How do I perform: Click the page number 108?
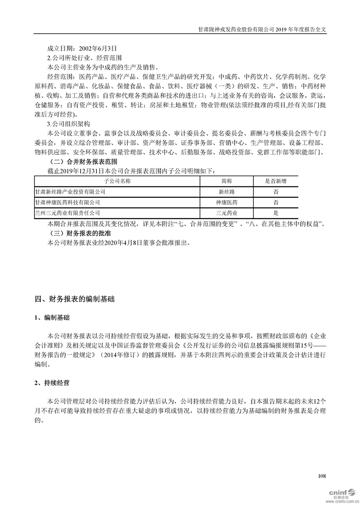[x=322, y=476]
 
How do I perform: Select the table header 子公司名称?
[x=117, y=181]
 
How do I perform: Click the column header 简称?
[x=226, y=181]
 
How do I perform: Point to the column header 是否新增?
[x=276, y=181]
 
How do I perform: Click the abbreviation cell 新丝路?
[x=226, y=192]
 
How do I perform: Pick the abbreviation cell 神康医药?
[x=226, y=202]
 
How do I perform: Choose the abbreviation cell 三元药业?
[x=226, y=212]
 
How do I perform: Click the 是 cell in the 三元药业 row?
[x=276, y=212]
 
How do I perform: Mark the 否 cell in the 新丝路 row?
[x=276, y=192]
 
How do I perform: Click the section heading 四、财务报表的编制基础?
[x=75, y=299]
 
